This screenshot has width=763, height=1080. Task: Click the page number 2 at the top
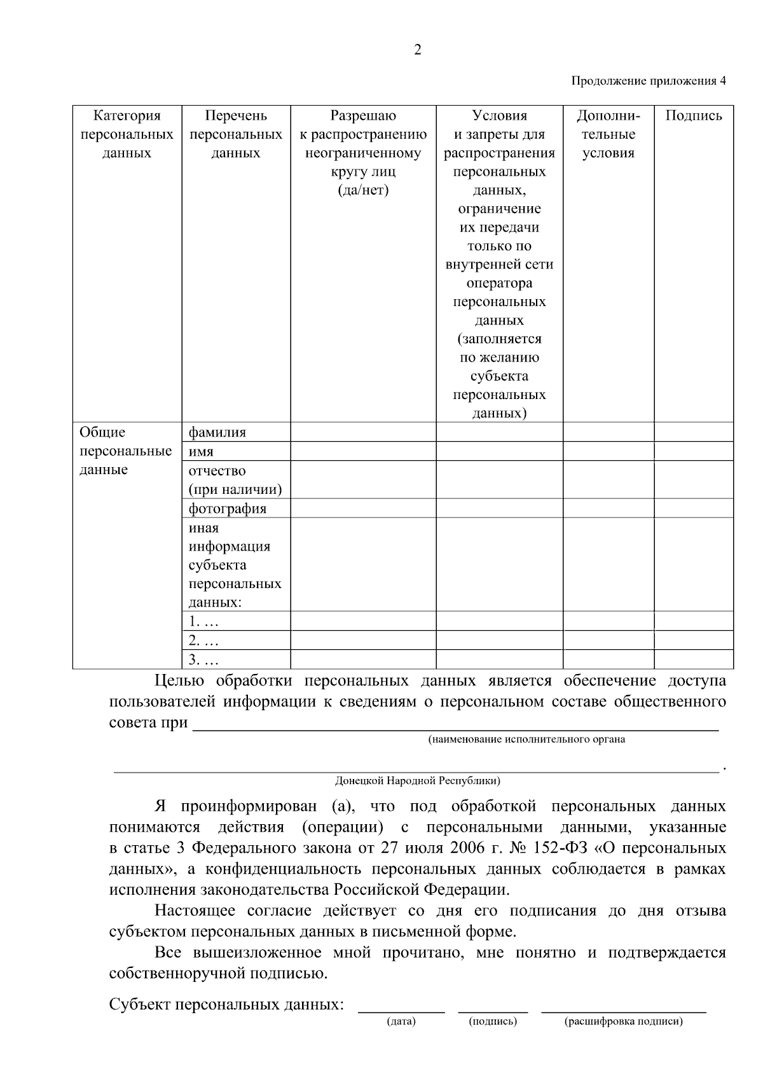417,51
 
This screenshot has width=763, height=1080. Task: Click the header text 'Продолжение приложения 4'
648,81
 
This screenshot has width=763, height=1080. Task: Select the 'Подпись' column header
694,116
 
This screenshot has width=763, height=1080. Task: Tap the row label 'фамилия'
217,433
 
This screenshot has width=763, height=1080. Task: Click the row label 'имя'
201,452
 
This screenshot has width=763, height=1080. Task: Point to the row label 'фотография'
228,508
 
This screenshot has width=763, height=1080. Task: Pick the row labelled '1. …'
203,621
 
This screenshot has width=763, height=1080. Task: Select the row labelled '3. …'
203,659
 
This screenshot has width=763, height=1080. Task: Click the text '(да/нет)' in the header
363,190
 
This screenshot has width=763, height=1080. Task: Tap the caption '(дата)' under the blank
401,1021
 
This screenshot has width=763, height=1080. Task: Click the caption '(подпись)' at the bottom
493,1021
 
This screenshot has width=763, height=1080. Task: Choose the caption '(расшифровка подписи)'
623,1021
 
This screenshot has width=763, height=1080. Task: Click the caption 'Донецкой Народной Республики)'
418,780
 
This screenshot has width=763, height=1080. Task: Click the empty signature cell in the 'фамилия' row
694,433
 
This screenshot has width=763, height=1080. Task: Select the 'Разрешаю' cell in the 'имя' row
363,452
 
